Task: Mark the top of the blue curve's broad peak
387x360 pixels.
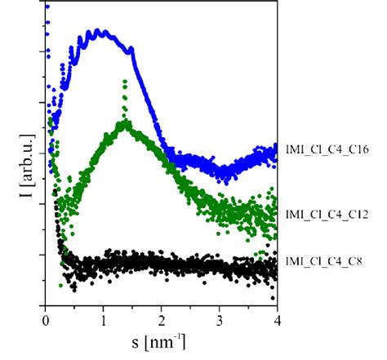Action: (98, 32)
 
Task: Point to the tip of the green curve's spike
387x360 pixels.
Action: (124, 81)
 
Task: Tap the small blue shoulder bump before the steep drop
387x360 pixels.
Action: (131, 50)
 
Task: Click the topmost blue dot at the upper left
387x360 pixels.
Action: (47, 7)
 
